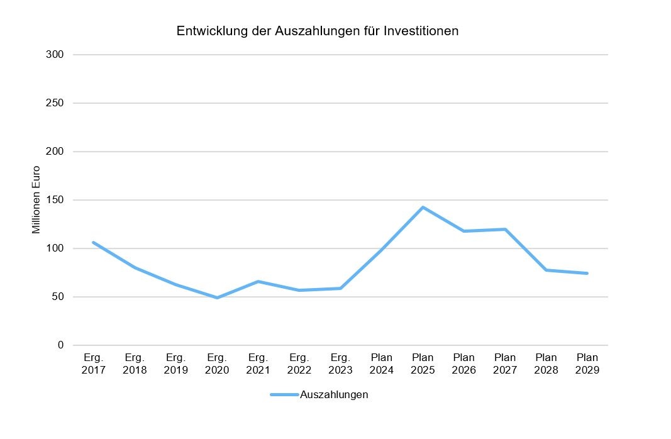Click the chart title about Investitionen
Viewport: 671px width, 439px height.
point(317,31)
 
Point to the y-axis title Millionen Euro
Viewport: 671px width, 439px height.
point(36,199)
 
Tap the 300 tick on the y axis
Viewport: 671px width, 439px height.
point(55,55)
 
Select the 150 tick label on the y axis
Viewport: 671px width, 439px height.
point(55,200)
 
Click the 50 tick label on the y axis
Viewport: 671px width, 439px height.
point(58,297)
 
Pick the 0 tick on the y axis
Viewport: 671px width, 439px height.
point(61,345)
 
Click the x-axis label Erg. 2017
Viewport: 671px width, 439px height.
point(93,364)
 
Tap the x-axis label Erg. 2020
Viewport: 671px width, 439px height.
point(217,364)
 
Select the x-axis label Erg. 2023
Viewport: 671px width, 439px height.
point(340,364)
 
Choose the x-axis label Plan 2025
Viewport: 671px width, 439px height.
point(423,364)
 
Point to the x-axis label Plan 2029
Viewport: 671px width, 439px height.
point(587,364)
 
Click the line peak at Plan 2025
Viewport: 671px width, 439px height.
point(423,207)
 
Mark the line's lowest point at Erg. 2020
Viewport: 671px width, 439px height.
point(217,297)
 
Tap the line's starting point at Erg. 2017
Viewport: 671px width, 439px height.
point(93,242)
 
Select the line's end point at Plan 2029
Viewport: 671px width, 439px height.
point(587,273)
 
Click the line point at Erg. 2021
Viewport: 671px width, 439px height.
point(258,281)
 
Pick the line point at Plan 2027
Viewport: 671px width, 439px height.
point(505,229)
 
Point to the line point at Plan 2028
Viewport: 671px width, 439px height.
point(546,270)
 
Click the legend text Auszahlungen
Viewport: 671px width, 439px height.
point(334,395)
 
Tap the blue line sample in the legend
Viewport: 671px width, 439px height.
point(284,395)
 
